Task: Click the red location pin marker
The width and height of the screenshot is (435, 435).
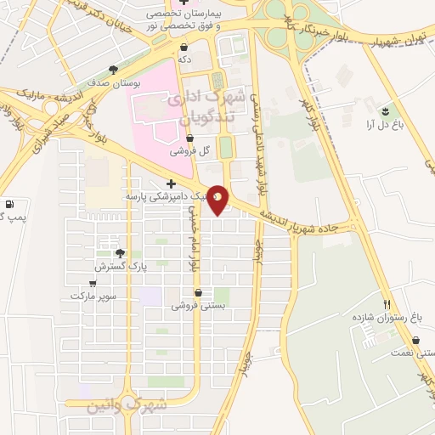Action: point(217,198)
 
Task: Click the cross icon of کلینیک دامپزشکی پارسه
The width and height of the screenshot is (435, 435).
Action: point(172,184)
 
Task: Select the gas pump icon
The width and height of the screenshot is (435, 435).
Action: point(9,205)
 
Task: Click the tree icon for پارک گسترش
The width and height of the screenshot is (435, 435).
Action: point(120,252)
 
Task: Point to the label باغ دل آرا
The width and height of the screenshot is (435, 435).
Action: point(385,126)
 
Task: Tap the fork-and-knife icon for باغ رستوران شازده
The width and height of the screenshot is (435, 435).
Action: point(388,304)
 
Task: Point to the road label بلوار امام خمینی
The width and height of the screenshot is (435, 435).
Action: point(195,242)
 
